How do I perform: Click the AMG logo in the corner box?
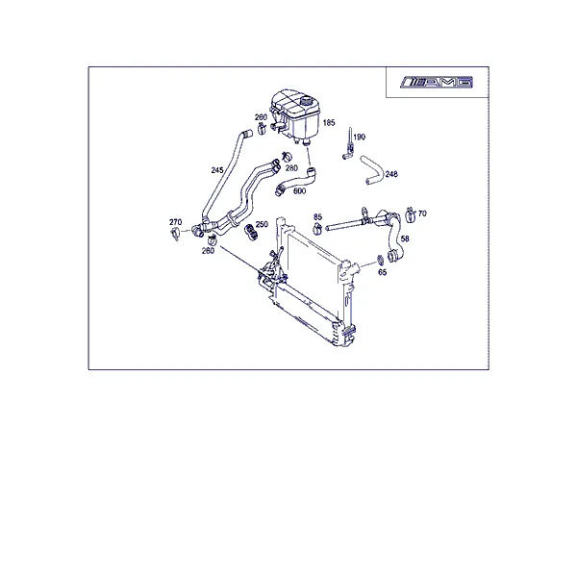click(437, 83)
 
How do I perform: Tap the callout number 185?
click(329, 122)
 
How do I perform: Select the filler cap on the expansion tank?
click(306, 101)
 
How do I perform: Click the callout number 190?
click(359, 137)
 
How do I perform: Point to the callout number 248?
click(391, 174)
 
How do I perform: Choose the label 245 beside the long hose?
click(217, 170)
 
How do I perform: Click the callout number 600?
click(299, 191)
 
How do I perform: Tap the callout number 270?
click(176, 222)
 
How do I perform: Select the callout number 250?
click(262, 224)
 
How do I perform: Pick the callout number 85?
click(317, 216)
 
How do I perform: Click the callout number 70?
click(422, 213)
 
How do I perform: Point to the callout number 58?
click(405, 238)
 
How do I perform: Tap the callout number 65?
click(383, 272)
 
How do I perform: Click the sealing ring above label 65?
click(380, 261)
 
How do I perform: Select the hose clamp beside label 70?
click(410, 214)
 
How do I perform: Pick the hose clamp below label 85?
click(317, 229)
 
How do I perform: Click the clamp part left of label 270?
click(176, 234)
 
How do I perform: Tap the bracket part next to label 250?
click(251, 232)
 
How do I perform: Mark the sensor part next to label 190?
click(349, 144)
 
